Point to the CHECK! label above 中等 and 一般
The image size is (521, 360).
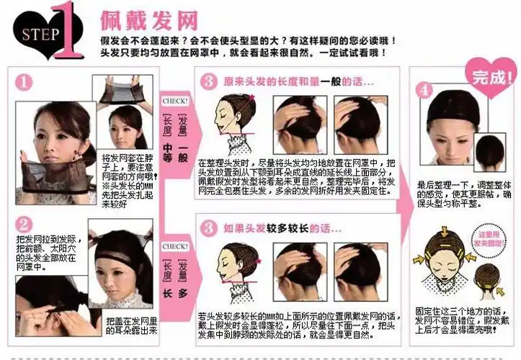click(x=176, y=102)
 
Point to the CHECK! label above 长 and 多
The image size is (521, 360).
click(x=176, y=246)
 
